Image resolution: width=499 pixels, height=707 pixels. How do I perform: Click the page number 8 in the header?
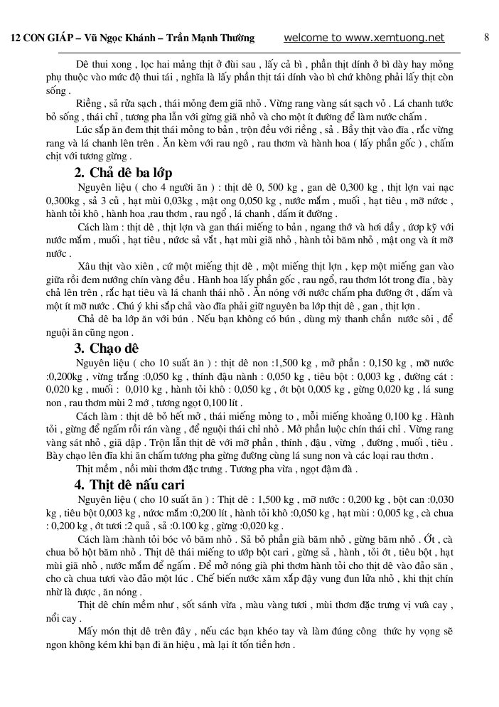[x=486, y=37]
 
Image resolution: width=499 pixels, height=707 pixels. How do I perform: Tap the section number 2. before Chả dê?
[x=80, y=173]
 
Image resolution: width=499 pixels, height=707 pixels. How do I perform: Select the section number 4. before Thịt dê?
[x=80, y=485]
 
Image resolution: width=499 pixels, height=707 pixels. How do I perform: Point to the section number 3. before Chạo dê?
[x=80, y=348]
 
